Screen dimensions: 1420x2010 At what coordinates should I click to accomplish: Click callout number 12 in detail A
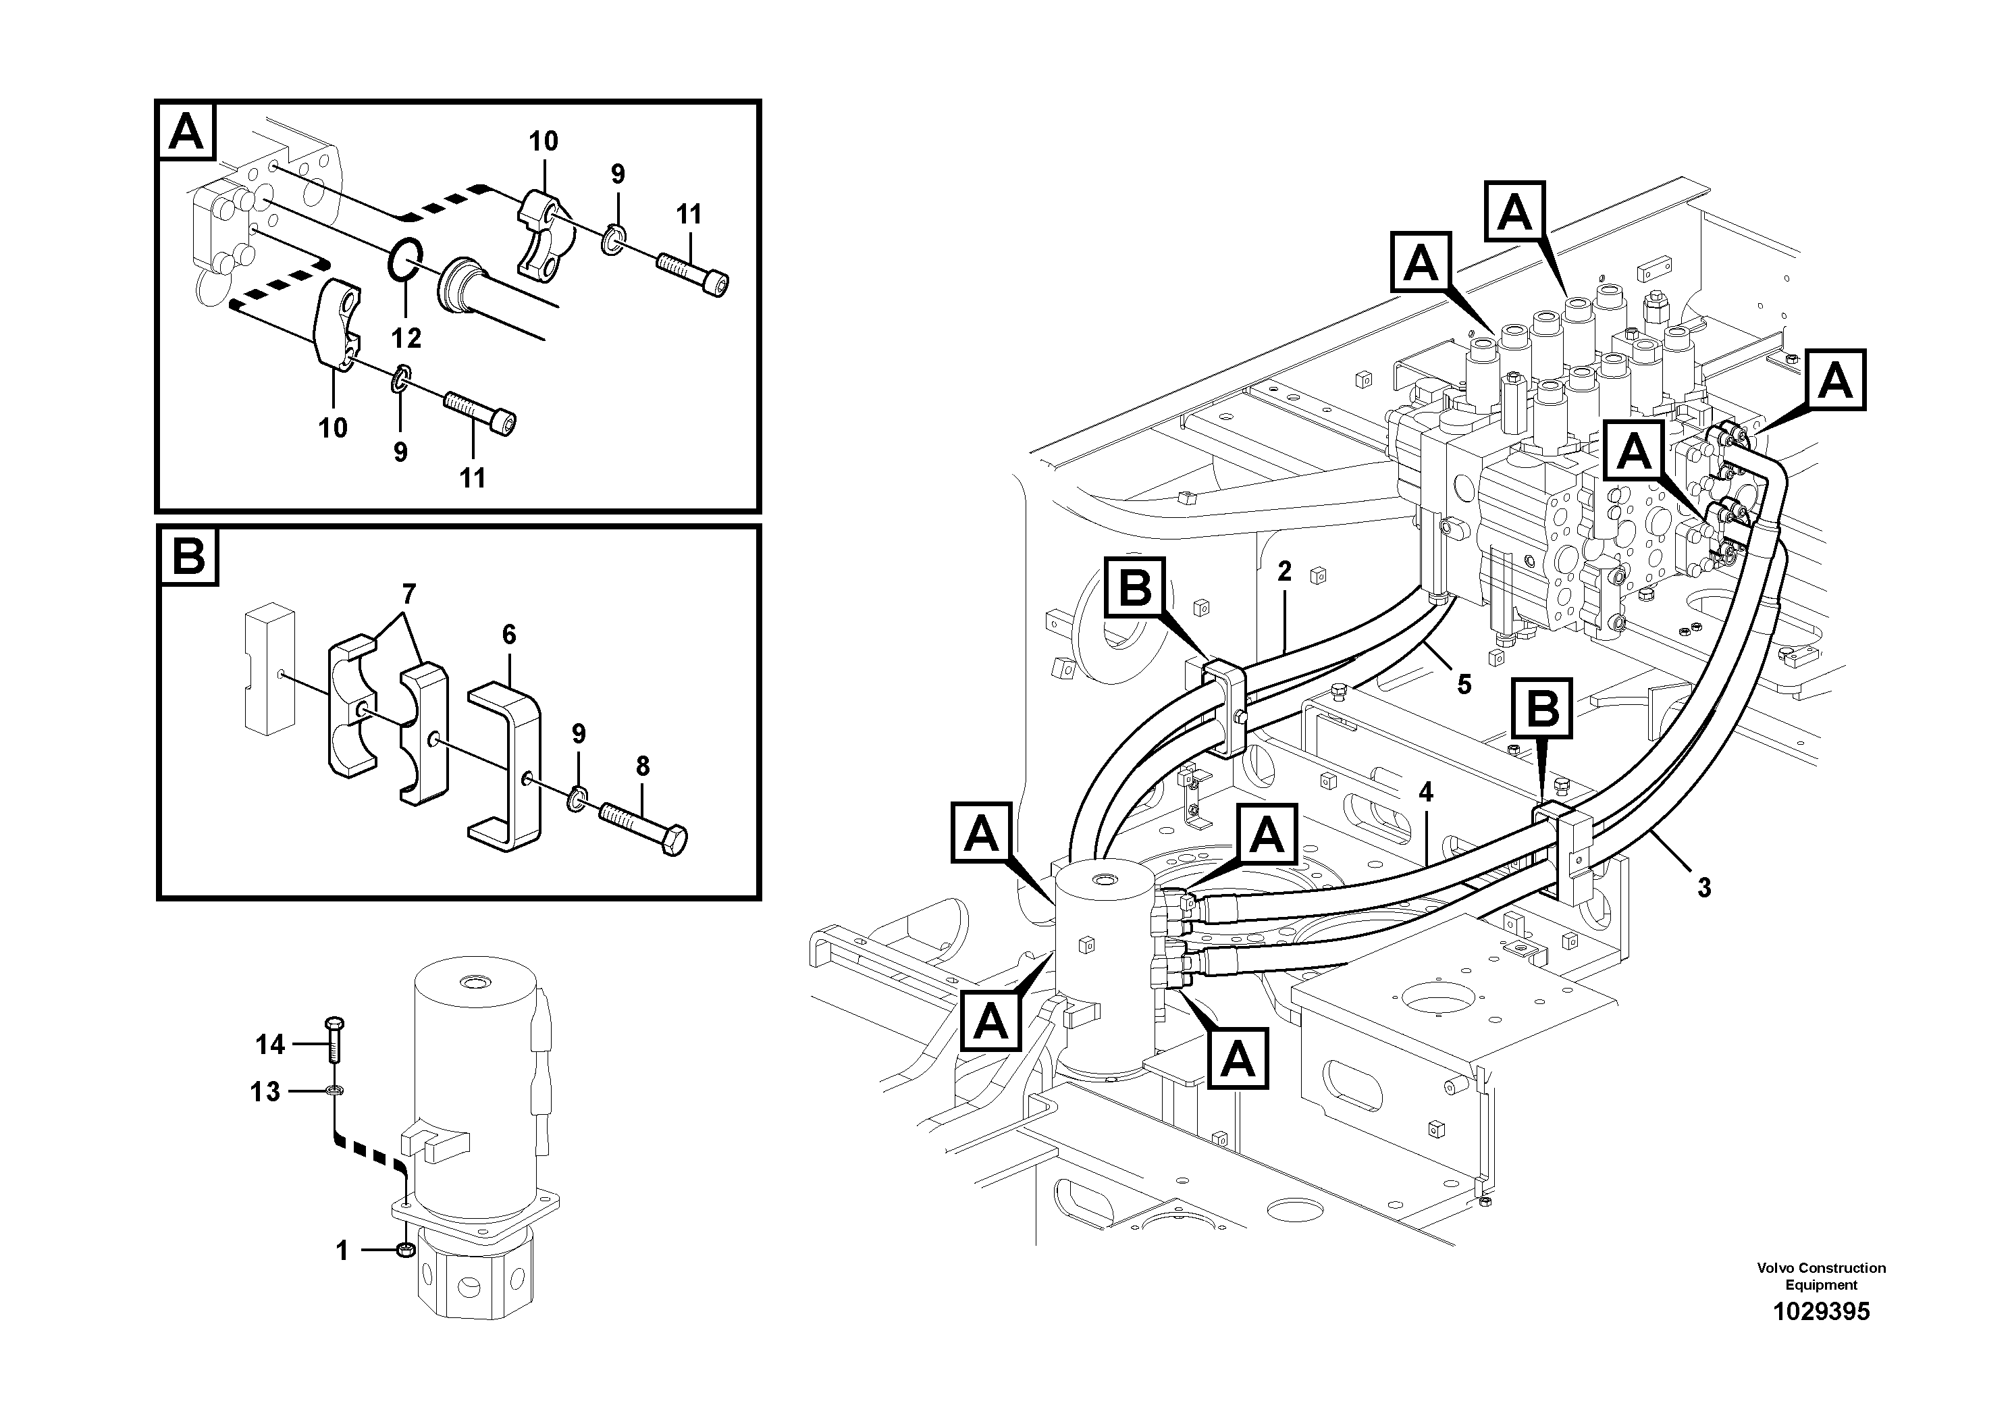tap(406, 337)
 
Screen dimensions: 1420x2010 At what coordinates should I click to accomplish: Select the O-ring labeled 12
tap(405, 260)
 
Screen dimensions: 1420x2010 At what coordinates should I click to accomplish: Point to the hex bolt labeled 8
tap(643, 826)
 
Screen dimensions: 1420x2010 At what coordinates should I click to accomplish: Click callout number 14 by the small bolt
tap(271, 1045)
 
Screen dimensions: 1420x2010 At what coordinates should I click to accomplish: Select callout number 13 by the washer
tap(265, 1092)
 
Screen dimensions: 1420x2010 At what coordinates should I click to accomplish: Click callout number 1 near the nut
tap(342, 1251)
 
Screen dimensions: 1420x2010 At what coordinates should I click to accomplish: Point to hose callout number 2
tap(1284, 572)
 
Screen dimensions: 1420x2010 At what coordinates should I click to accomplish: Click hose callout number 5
tap(1464, 684)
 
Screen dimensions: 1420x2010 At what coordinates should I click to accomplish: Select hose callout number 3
tap(1703, 888)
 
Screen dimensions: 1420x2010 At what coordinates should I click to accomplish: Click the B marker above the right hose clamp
tap(1543, 708)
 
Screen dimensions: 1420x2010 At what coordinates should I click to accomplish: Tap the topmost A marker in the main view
tap(1515, 212)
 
